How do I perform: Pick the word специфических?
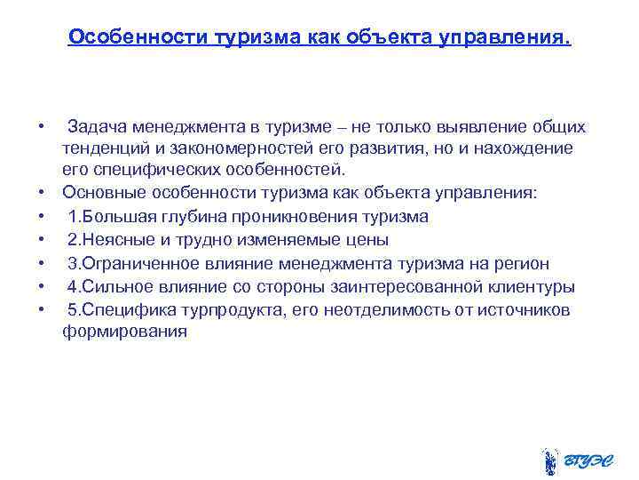[x=152, y=169]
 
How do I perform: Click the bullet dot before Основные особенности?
[x=42, y=193]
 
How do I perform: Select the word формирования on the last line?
[x=124, y=332]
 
